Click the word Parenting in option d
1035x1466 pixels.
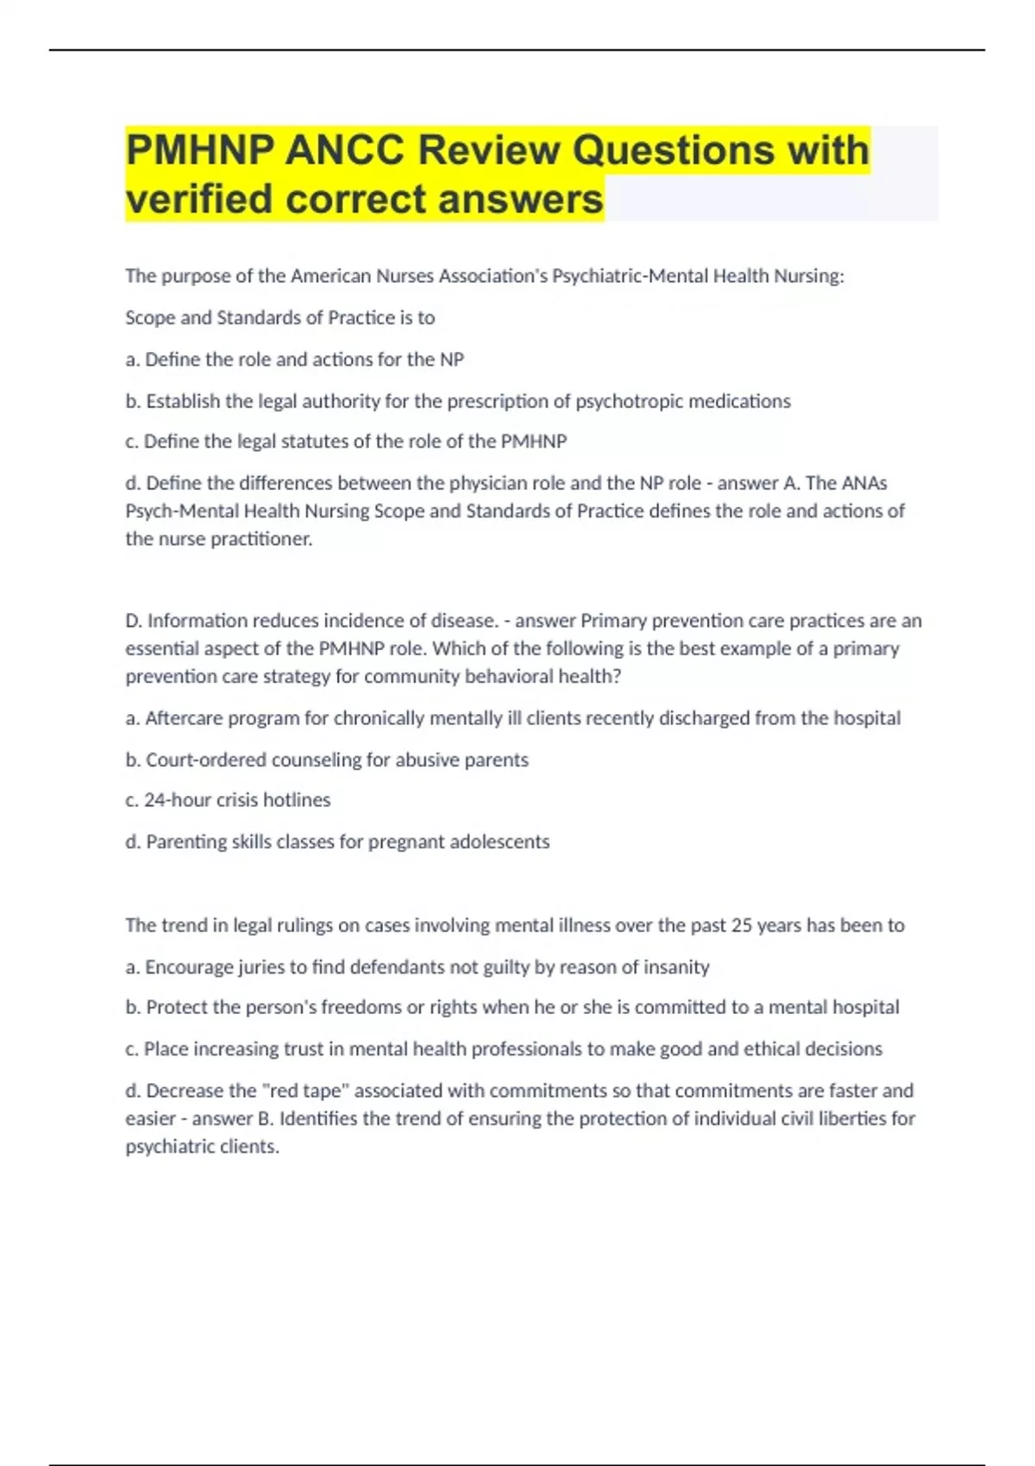coord(183,842)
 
